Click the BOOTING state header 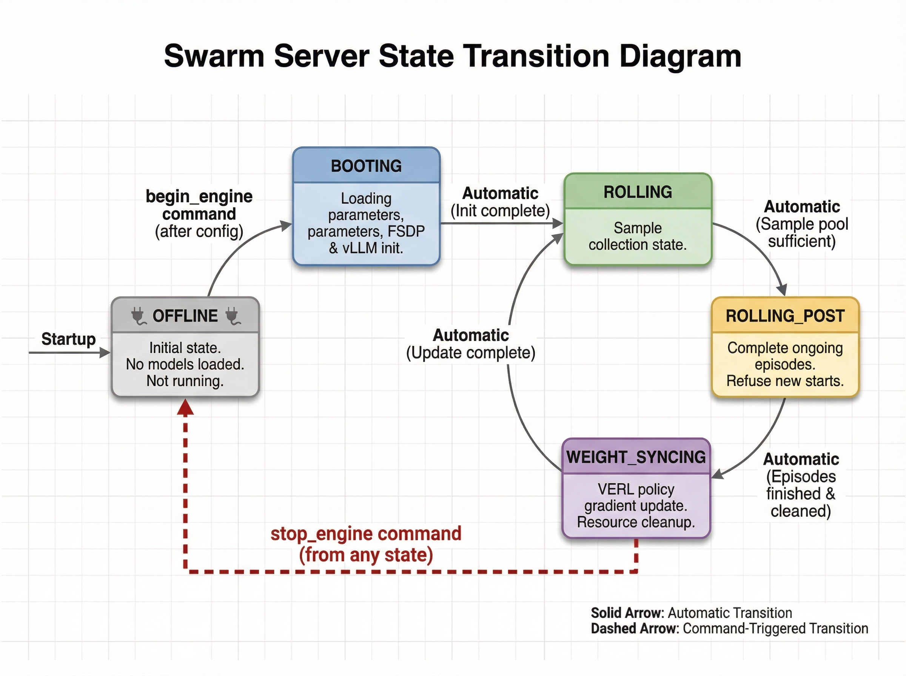(x=366, y=166)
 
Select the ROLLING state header (x=638, y=192)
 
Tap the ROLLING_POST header (x=785, y=316)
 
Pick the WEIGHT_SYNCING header (x=636, y=457)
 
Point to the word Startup (x=68, y=339)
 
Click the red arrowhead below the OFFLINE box (x=185, y=407)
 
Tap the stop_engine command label (x=365, y=534)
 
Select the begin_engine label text (x=199, y=197)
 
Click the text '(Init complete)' (x=500, y=211)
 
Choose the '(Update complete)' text (x=470, y=353)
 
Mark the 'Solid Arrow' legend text (x=627, y=613)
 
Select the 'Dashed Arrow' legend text (x=635, y=628)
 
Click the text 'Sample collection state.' (x=638, y=236)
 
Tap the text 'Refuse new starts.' (x=785, y=381)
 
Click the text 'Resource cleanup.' (x=636, y=522)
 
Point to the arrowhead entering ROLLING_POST (x=781, y=290)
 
